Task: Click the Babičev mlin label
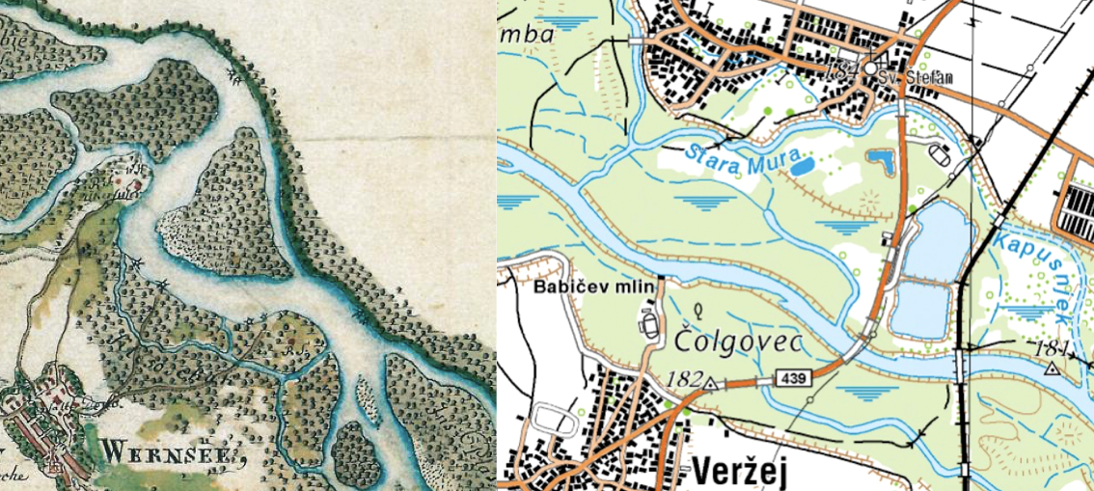point(594,286)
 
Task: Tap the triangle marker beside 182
point(710,383)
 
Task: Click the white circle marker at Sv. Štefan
point(871,70)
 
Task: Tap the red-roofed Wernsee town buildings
point(39,424)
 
